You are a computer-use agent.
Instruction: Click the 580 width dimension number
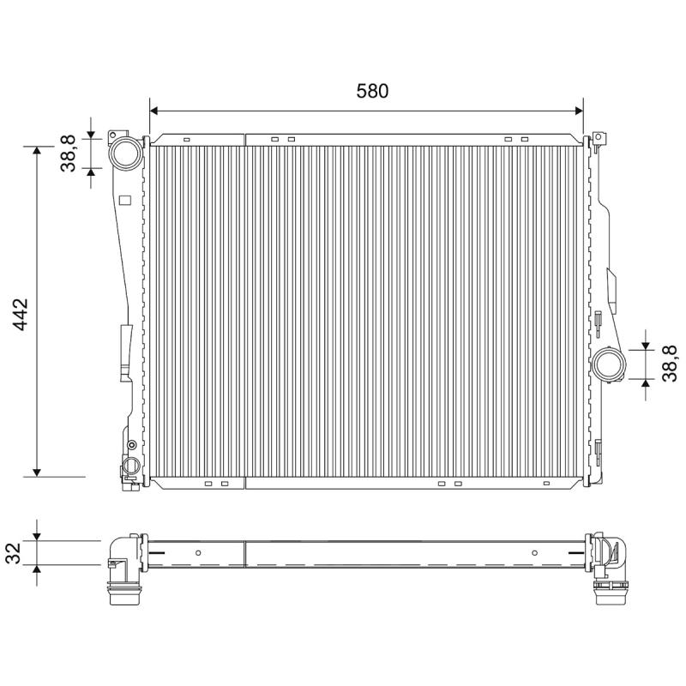pyautogui.click(x=372, y=91)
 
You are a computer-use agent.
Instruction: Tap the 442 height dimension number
pyautogui.click(x=20, y=315)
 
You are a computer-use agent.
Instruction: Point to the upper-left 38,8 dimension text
pyautogui.click(x=68, y=153)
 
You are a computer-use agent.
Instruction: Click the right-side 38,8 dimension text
pyautogui.click(x=670, y=364)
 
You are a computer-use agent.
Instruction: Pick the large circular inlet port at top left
pyautogui.click(x=125, y=153)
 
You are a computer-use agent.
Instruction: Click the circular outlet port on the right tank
pyautogui.click(x=608, y=364)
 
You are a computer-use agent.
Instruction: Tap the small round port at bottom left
pyautogui.click(x=130, y=465)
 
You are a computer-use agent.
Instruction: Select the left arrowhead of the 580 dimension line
pyautogui.click(x=153, y=111)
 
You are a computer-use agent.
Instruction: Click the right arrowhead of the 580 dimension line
pyautogui.click(x=579, y=111)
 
